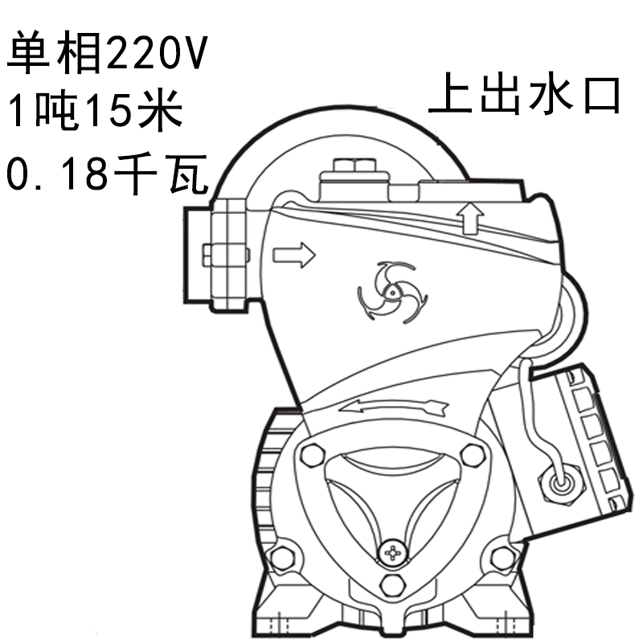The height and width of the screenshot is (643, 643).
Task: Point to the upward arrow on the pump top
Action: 471,217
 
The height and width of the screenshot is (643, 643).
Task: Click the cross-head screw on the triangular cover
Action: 393,553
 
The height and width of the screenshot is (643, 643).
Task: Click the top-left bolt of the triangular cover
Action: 309,456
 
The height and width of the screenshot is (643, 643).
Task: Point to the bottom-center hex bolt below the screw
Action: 393,584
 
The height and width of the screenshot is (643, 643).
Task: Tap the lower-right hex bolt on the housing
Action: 502,556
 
